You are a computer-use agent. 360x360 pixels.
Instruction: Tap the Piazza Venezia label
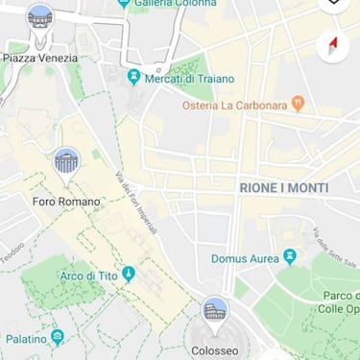[x=39, y=58]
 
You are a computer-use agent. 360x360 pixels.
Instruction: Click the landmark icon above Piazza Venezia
[x=39, y=17]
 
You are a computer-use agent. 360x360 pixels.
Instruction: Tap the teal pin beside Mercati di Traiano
[x=134, y=77]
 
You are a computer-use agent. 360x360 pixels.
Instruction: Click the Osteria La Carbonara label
[x=235, y=105]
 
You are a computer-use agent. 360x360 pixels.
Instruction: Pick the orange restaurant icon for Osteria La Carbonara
[x=298, y=102]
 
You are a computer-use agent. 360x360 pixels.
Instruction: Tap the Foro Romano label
[x=66, y=202]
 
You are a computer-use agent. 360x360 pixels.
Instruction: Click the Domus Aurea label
[x=245, y=258]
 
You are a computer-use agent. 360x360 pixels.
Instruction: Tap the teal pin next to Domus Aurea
[x=289, y=256]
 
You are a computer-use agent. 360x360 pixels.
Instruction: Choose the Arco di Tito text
[x=88, y=276]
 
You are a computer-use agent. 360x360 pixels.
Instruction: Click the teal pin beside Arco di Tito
[x=129, y=275]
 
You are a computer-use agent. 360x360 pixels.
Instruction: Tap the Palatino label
[x=26, y=339]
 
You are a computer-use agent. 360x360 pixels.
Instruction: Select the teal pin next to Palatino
[x=58, y=337]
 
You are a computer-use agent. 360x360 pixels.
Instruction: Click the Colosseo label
[x=214, y=351]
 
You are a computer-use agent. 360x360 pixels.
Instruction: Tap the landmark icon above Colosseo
[x=215, y=311]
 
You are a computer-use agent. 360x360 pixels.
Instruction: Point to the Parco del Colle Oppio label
[x=339, y=302]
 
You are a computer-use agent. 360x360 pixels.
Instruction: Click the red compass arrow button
[x=333, y=46]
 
